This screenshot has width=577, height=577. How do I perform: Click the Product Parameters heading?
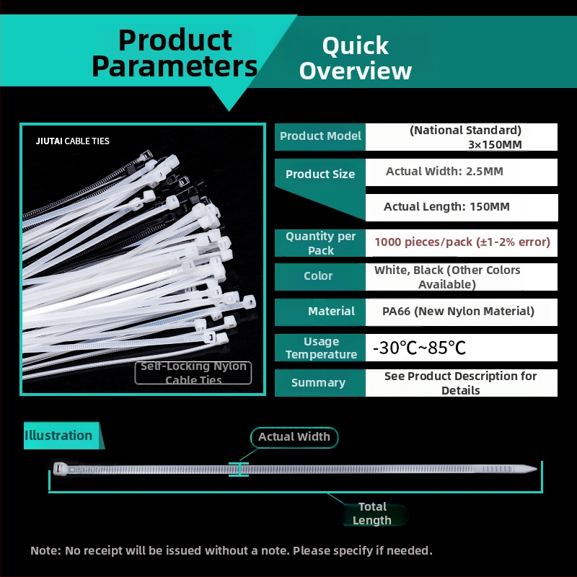pos(175,53)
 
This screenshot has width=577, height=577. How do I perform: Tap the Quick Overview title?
pos(356,58)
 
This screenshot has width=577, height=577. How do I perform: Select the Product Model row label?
pos(320,136)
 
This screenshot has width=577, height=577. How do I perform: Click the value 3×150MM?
pos(495,145)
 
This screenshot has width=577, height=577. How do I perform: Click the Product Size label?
pos(320,174)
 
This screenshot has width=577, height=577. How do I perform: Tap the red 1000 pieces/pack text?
pos(462,242)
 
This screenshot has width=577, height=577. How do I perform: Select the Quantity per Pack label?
pos(320,243)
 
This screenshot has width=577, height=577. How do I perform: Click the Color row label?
pos(318,276)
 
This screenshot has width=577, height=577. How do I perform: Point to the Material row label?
pos(331,312)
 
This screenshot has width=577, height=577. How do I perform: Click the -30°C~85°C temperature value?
pos(420,348)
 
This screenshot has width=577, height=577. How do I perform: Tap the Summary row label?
pos(318,383)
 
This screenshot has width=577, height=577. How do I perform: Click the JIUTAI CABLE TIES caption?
pos(73,141)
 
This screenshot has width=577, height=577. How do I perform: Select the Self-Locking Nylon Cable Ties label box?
pos(193,373)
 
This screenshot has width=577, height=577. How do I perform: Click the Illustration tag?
pos(63,436)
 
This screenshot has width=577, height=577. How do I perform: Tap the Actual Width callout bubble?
pos(294,437)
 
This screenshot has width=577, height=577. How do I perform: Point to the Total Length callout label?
pos(372,514)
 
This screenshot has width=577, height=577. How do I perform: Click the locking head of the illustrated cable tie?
pos(60,470)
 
